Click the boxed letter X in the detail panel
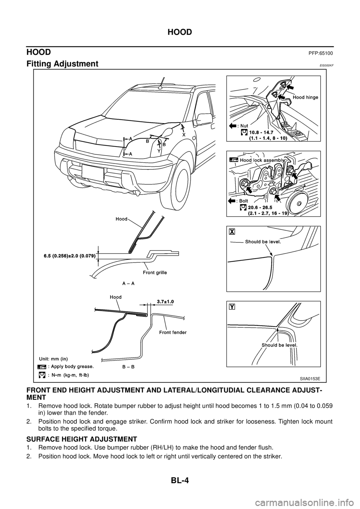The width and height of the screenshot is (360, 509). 232,231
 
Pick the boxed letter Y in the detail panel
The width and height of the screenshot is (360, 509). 232,306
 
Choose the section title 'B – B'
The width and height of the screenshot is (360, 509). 129,366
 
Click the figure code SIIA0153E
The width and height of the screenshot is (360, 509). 310,379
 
